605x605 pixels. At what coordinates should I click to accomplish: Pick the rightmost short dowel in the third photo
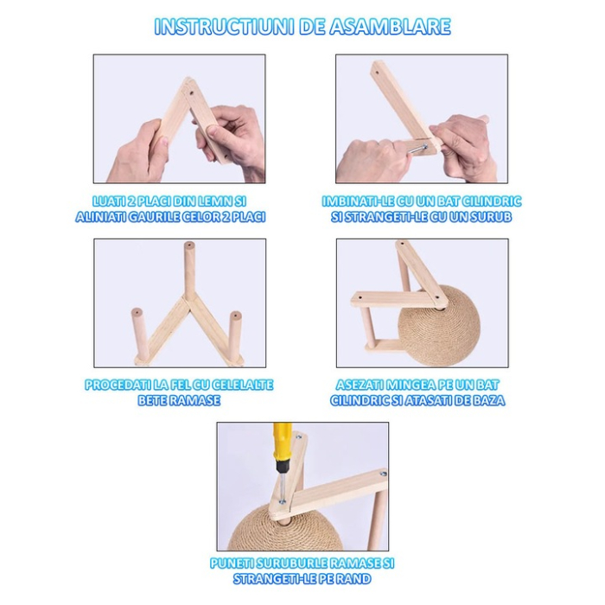[x=236, y=337]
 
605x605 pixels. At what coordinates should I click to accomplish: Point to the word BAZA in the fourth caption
[x=487, y=400]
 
